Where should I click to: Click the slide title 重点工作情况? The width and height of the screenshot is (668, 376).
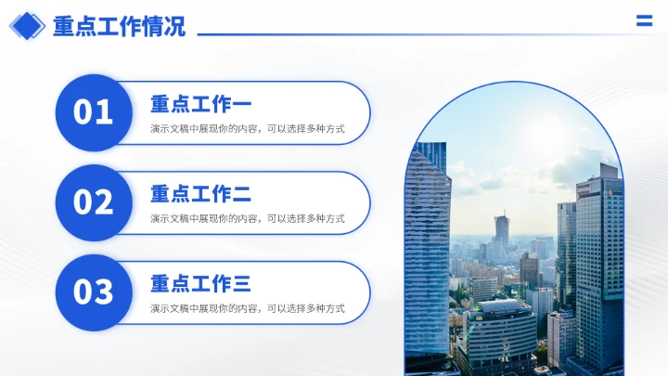[119, 26]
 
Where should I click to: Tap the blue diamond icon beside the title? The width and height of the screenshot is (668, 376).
[27, 26]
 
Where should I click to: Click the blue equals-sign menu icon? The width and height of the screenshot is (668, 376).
[644, 21]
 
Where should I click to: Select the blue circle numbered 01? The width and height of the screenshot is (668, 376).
[94, 112]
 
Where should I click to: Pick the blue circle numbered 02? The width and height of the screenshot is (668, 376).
[94, 202]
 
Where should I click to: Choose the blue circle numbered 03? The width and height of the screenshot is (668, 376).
[94, 292]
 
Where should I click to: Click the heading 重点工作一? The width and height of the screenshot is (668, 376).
[200, 104]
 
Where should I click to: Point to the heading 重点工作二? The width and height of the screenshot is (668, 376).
[200, 194]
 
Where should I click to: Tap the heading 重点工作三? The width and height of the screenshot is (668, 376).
[200, 284]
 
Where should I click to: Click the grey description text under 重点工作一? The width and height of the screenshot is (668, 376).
[248, 129]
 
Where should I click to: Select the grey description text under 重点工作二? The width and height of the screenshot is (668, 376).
[248, 219]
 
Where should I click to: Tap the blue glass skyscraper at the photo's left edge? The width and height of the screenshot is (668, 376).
[426, 251]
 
